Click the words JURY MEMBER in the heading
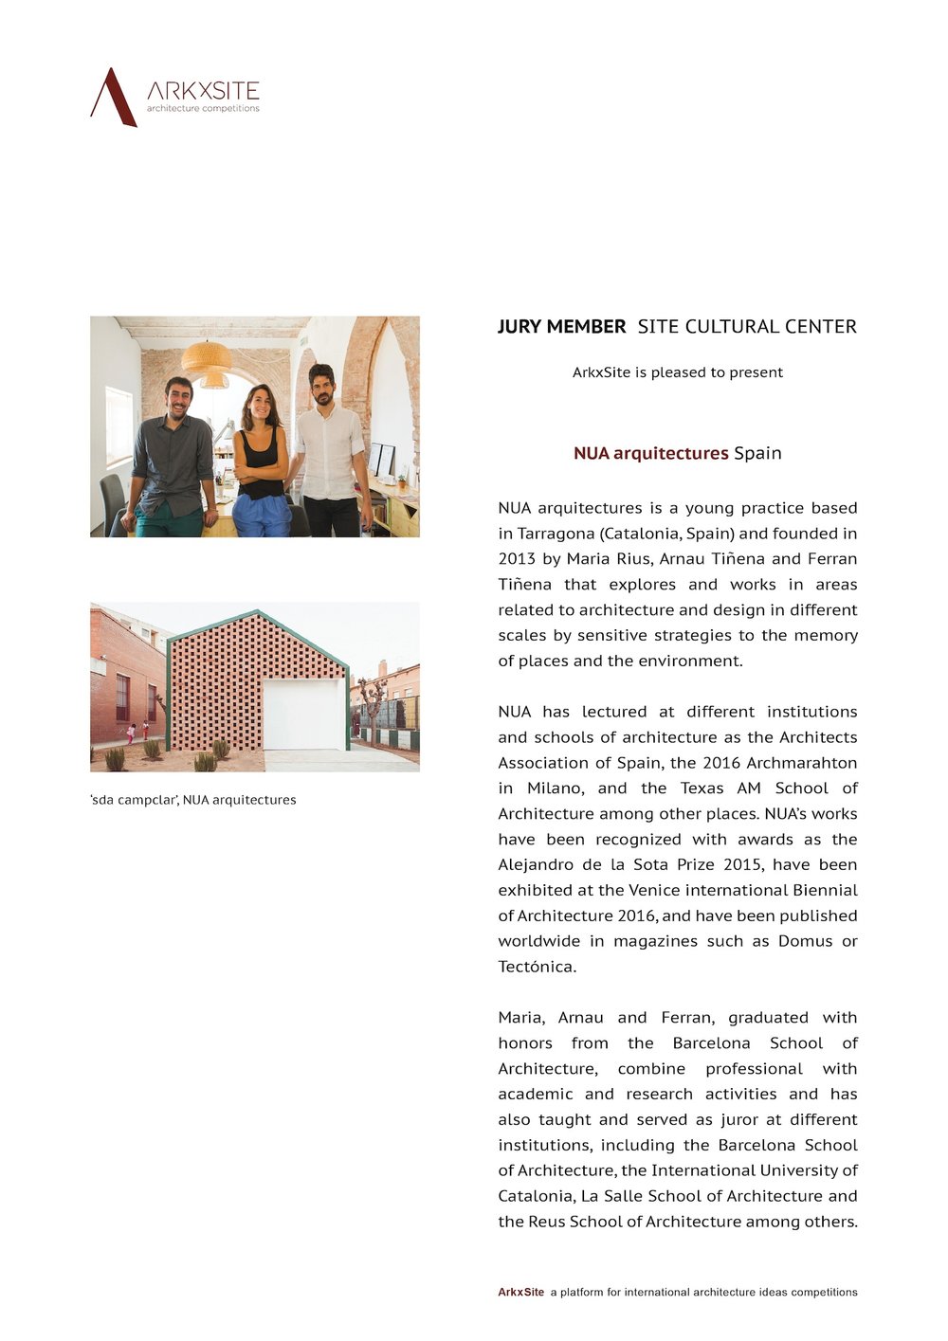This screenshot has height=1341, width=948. [561, 327]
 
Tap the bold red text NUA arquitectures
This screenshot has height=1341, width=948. [650, 453]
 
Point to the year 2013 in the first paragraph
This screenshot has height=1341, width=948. [517, 559]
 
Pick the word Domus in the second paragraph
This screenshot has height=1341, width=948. [805, 941]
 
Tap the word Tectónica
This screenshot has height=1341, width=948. [537, 967]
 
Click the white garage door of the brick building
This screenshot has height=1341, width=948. [303, 714]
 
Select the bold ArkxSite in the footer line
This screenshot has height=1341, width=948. [521, 1292]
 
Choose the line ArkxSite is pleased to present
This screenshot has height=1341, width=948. [677, 372]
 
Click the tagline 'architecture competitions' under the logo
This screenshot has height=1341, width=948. [203, 109]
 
